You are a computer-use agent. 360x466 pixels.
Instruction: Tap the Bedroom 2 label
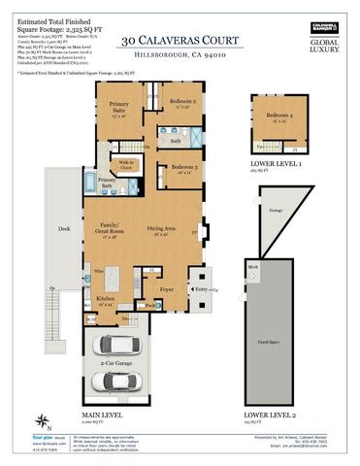pos(183,103)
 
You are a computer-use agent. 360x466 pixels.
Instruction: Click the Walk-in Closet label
pos(126,168)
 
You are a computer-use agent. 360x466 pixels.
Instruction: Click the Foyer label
pos(167,288)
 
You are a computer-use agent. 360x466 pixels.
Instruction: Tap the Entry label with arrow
pos(204,289)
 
